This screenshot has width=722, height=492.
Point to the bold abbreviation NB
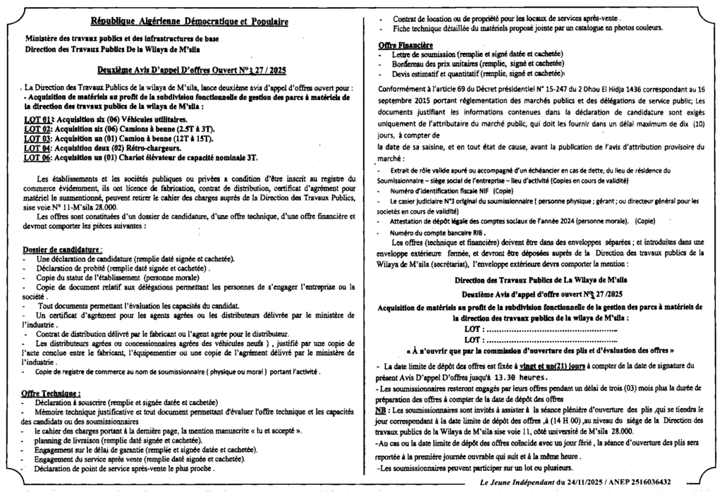[381, 410]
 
